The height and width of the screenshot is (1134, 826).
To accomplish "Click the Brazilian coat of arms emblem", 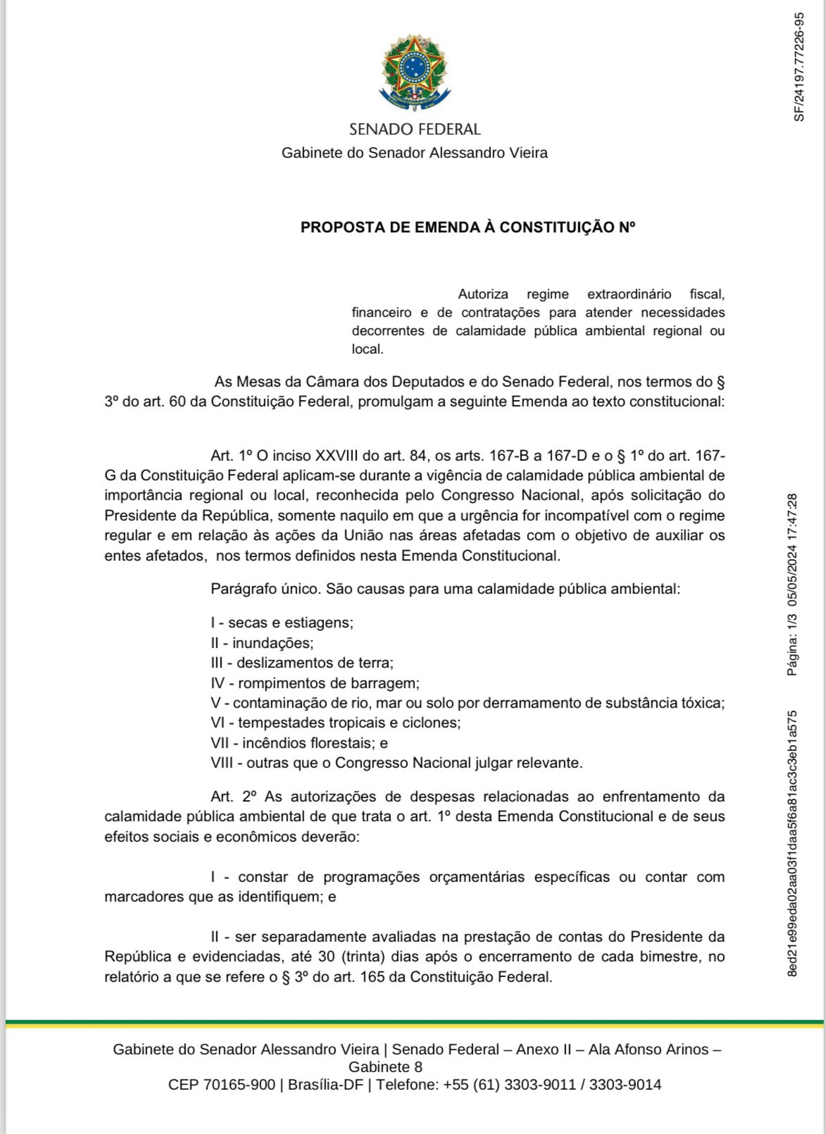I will point(414,74).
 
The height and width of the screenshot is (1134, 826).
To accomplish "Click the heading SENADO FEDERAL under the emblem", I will point(414,129).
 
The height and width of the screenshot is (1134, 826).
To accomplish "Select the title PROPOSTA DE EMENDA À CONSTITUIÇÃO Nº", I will point(468,228).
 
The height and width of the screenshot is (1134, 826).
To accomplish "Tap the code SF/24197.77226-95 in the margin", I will point(799,67).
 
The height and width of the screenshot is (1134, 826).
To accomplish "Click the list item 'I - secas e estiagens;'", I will point(282,623).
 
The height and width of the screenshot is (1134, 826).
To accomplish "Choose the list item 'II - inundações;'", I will point(262,643).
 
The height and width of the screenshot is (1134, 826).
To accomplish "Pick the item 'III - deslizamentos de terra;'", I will point(302,663).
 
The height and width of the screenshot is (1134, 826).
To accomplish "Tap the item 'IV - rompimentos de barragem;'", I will point(315,683).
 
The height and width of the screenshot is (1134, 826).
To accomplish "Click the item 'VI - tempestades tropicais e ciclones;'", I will point(336,723).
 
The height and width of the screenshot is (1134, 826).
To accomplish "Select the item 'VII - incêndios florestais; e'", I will point(299,743).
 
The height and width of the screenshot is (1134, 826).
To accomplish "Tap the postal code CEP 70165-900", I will point(222,1085).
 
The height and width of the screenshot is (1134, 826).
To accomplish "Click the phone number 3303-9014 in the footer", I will point(625,1085).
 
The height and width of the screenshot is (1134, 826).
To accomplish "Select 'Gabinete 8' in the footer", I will point(385,1067).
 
